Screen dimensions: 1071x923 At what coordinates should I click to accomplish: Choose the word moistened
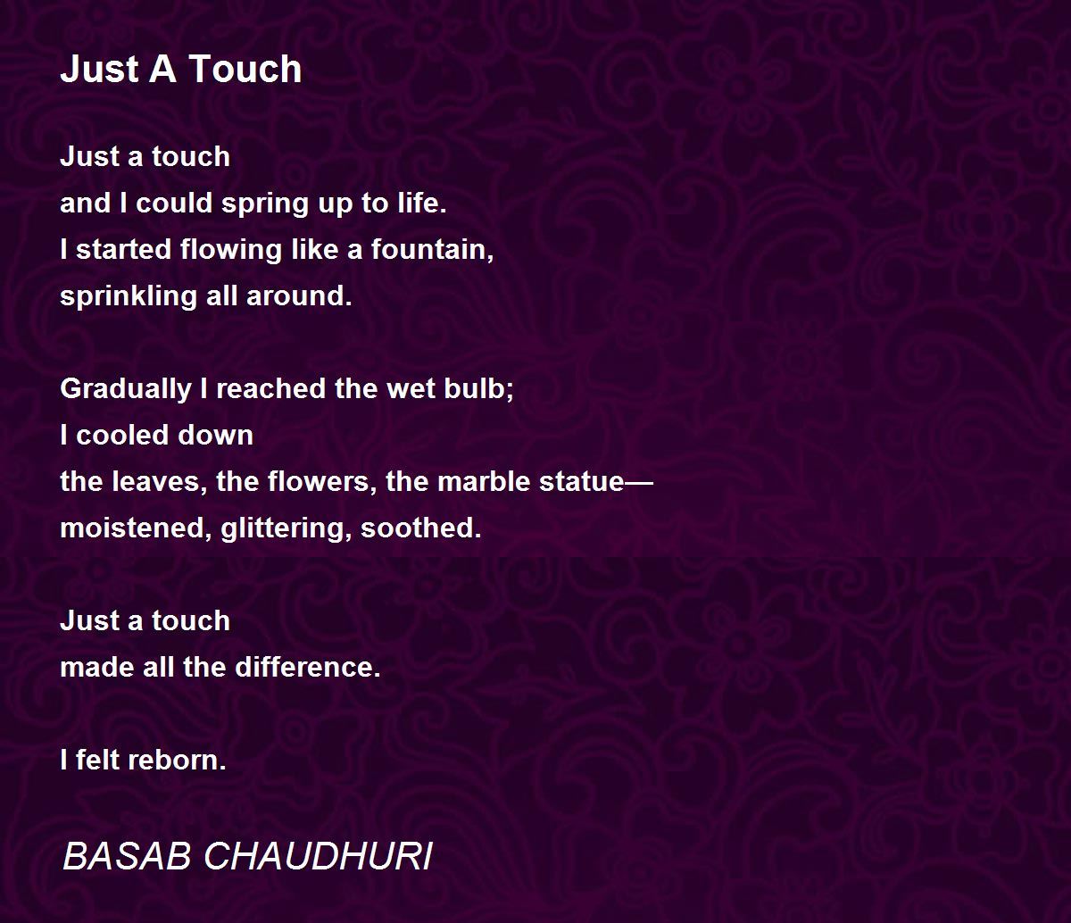(x=137, y=528)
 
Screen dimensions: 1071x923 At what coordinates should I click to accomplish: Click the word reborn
(x=177, y=761)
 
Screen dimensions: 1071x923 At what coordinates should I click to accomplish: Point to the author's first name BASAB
(x=127, y=857)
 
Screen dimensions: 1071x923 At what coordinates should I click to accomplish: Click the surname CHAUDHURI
(x=318, y=857)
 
